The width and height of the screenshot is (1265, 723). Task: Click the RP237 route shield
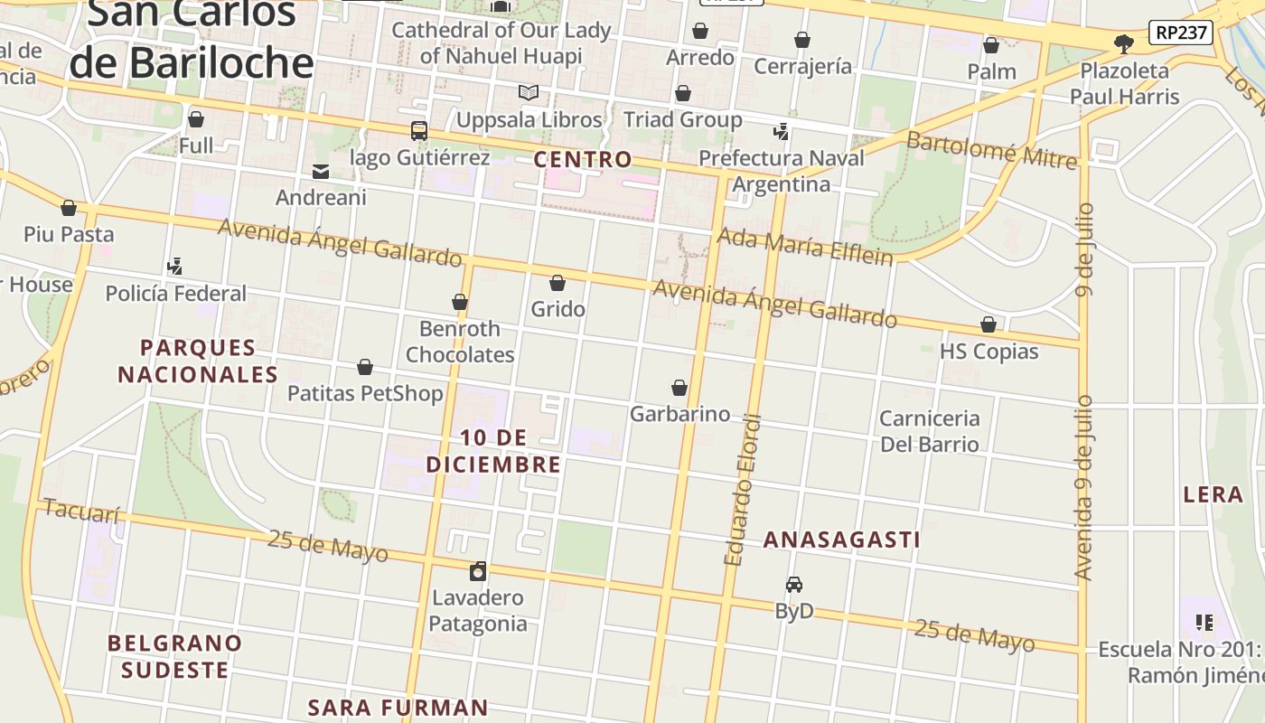click(1180, 33)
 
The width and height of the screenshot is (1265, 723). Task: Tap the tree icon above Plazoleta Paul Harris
click(1124, 43)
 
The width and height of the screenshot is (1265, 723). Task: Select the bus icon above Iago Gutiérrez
click(419, 130)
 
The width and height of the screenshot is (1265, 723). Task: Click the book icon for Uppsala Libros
click(529, 92)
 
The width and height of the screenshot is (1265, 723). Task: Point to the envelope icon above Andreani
click(321, 172)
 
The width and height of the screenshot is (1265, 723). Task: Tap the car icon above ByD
click(794, 585)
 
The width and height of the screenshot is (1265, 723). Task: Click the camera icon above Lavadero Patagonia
click(478, 571)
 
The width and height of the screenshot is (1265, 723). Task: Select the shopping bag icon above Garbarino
click(679, 388)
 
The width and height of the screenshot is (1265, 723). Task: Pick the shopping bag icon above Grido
click(558, 283)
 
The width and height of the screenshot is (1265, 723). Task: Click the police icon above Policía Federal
click(175, 267)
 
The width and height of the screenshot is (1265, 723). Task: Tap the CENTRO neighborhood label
click(583, 160)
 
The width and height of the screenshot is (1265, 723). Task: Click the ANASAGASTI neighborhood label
click(841, 540)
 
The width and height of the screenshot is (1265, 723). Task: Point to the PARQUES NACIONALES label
click(198, 361)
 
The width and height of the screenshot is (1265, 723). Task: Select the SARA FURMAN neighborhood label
click(398, 707)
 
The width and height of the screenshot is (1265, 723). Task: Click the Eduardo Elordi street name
click(744, 490)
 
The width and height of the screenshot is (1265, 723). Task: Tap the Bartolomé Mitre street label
click(991, 150)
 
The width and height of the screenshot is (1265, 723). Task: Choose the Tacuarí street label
click(81, 512)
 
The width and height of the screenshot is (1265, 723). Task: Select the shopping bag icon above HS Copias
click(989, 324)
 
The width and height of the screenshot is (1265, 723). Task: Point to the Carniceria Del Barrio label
click(929, 431)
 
